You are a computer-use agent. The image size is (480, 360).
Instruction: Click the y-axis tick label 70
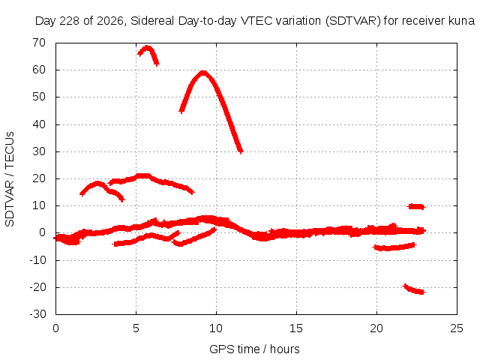[x=39, y=43]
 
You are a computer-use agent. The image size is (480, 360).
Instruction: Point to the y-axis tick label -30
[x=37, y=314]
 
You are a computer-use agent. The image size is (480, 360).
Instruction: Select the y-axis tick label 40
[x=39, y=124]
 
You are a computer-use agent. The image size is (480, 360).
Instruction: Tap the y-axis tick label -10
[x=37, y=260]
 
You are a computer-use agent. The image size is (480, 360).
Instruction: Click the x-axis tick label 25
[x=457, y=328]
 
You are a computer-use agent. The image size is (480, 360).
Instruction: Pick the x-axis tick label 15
[x=296, y=328]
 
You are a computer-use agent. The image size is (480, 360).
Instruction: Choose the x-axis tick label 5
[x=136, y=328]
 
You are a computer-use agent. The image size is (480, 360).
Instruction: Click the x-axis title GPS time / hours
[x=254, y=349]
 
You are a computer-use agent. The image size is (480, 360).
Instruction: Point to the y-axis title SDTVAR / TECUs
[x=10, y=179]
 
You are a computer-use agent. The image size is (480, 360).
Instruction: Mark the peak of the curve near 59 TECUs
[x=203, y=73]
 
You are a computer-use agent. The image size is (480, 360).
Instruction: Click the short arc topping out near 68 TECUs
[x=148, y=48]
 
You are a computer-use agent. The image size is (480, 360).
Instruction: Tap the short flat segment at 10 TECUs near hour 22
[x=416, y=207]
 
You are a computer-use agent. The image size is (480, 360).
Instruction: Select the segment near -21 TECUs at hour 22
[x=414, y=289]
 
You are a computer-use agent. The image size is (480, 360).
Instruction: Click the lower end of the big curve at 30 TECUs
[x=241, y=151]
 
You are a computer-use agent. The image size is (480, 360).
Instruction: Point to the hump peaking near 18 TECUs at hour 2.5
[x=97, y=184]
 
